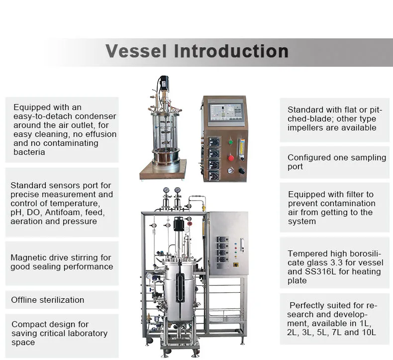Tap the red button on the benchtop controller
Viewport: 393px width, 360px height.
231,158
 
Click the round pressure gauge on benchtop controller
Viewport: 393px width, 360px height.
231,171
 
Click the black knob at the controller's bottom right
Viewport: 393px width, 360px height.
242,171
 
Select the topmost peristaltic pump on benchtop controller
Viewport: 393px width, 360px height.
214,141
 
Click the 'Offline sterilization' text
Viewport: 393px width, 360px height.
48,300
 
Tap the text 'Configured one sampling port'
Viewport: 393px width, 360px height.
337,162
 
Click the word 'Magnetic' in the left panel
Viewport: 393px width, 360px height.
28,257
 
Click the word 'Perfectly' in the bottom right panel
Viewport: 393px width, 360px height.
310,305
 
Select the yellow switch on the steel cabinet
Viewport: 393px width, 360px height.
236,265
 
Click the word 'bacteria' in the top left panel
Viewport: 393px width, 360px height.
29,152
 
